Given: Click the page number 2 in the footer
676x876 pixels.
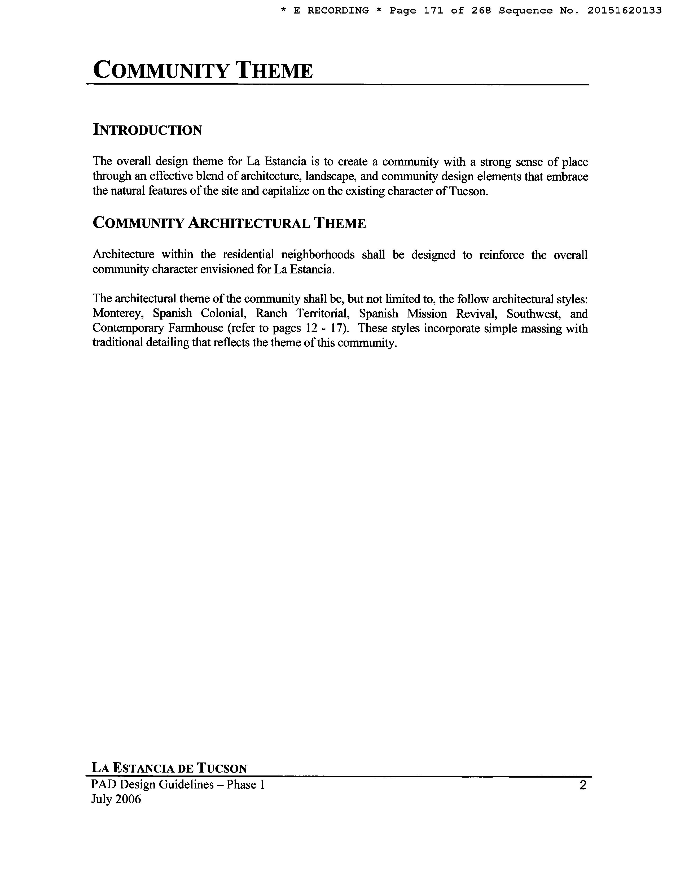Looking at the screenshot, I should coord(583,785).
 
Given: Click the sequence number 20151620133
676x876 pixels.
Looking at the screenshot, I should coord(624,11).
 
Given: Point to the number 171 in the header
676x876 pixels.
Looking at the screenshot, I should coord(433,11).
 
